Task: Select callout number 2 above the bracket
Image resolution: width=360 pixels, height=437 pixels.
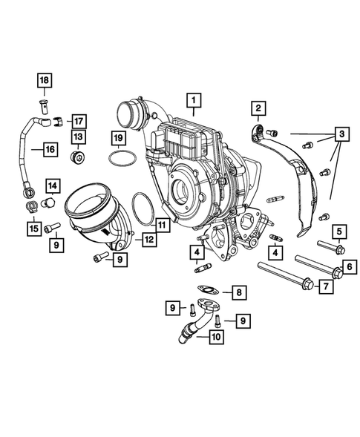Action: tap(258, 110)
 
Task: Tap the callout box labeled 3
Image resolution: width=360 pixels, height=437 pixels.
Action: tap(340, 134)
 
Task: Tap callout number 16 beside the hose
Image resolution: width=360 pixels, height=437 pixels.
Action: tap(50, 149)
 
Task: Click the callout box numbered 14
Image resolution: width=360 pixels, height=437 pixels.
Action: tap(53, 184)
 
